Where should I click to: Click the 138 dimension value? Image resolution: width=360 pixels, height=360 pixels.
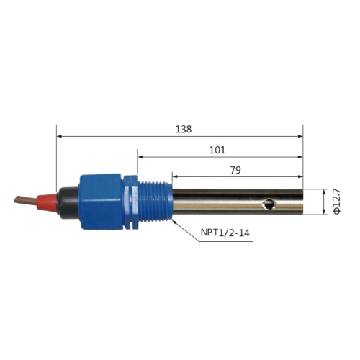184,130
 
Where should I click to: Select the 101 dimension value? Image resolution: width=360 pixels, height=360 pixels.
217,150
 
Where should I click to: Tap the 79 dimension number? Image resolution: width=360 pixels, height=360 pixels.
235,170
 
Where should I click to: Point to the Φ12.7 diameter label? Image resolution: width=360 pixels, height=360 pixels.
337,202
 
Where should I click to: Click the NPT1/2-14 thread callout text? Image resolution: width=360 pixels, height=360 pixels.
225,233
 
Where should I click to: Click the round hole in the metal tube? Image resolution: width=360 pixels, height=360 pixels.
269,204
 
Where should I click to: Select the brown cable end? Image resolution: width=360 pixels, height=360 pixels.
26,200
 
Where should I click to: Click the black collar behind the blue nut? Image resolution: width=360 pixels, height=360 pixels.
68,203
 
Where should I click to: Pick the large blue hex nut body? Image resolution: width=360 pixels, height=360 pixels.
101,202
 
